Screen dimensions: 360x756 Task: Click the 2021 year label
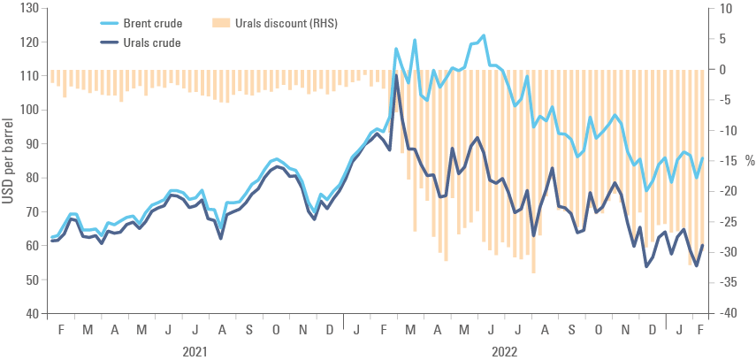tap(195, 350)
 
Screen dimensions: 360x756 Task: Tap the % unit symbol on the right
tap(748, 161)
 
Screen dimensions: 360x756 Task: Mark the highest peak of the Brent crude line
tap(484, 35)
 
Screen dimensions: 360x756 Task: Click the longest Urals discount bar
tap(533, 272)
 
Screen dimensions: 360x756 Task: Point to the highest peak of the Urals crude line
tap(395, 81)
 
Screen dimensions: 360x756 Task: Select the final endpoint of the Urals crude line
tap(703, 246)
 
